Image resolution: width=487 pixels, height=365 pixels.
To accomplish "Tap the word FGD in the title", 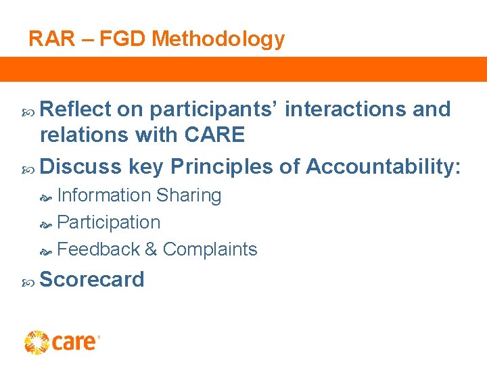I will click(x=123, y=39).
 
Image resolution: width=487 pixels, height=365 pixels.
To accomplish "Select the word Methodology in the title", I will click(x=218, y=40).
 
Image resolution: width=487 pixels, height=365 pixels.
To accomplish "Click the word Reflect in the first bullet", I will click(x=75, y=109).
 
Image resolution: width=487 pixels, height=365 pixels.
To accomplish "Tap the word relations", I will click(x=85, y=135).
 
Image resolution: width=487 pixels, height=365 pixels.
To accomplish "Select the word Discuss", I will click(x=81, y=166).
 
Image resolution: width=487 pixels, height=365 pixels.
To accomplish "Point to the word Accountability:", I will click(x=384, y=166).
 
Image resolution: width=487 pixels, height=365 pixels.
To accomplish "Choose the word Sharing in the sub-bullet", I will click(x=189, y=195).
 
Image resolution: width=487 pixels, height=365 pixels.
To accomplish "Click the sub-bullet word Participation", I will click(x=109, y=222).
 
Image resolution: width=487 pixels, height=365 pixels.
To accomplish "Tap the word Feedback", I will click(x=99, y=249).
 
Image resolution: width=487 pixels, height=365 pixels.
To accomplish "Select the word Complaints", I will click(x=210, y=249).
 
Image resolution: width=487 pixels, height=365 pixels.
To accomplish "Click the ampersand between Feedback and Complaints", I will click(x=152, y=249).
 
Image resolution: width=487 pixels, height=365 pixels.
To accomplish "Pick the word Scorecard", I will click(x=92, y=280).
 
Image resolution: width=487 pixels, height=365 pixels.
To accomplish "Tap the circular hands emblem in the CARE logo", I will click(x=37, y=342).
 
